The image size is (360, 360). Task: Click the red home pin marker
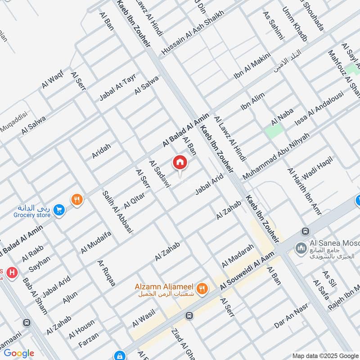point(180,162)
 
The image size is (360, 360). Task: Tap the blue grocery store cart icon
point(58,210)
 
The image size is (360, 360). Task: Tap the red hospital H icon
point(12,272)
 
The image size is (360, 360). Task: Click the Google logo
point(19,353)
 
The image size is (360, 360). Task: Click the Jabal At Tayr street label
point(117,89)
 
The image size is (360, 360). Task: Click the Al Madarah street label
point(238,256)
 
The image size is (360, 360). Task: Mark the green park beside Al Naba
point(274,131)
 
